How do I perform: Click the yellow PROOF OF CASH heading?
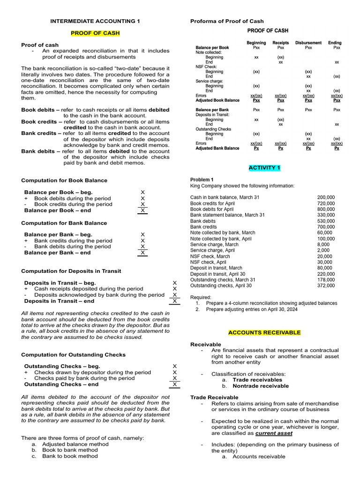click(x=95, y=33)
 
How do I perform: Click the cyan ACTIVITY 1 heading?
click(x=264, y=167)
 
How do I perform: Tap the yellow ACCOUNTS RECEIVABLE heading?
click(x=264, y=332)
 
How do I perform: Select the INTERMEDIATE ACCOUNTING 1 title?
click(x=95, y=21)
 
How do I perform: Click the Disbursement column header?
click(x=308, y=43)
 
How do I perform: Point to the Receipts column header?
click(x=280, y=43)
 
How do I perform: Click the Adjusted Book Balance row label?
click(x=217, y=100)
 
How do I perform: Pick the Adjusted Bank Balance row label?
click(x=217, y=148)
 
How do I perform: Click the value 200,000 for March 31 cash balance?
click(x=326, y=198)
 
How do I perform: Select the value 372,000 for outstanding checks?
click(x=326, y=285)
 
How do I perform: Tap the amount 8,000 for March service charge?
click(x=323, y=245)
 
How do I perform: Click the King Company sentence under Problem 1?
click(x=242, y=186)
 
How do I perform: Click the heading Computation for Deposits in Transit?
click(x=71, y=271)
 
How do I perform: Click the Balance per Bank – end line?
click(x=57, y=253)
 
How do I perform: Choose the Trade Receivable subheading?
click(x=214, y=397)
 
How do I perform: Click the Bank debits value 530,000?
click(x=326, y=221)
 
